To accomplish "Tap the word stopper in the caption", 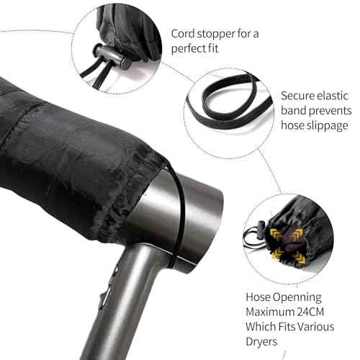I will click(219, 34).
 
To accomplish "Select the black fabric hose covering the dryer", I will click(72, 144).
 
